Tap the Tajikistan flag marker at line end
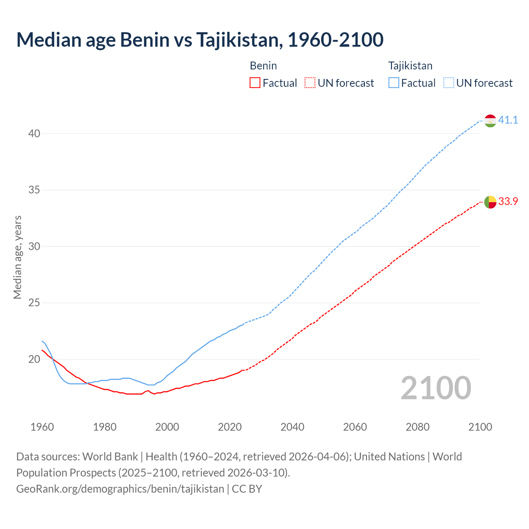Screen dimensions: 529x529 [490, 121]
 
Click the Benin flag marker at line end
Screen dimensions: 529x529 [490, 202]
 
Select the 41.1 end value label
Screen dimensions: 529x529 [508, 120]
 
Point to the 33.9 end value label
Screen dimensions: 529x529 [508, 202]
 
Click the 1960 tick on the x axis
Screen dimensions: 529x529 [42, 427]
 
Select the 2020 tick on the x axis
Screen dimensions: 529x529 [230, 427]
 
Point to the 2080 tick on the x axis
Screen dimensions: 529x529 [417, 427]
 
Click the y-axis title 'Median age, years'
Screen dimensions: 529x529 [17, 257]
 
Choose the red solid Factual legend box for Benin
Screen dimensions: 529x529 [255, 83]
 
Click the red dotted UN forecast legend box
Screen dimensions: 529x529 [310, 83]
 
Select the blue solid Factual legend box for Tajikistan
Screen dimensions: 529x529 [394, 83]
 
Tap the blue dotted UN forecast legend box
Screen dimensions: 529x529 [449, 83]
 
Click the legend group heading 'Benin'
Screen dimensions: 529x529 [263, 66]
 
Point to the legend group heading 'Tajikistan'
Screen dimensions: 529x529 [410, 66]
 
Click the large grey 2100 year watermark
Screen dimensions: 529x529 [436, 388]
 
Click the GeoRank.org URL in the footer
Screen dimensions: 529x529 [120, 489]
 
